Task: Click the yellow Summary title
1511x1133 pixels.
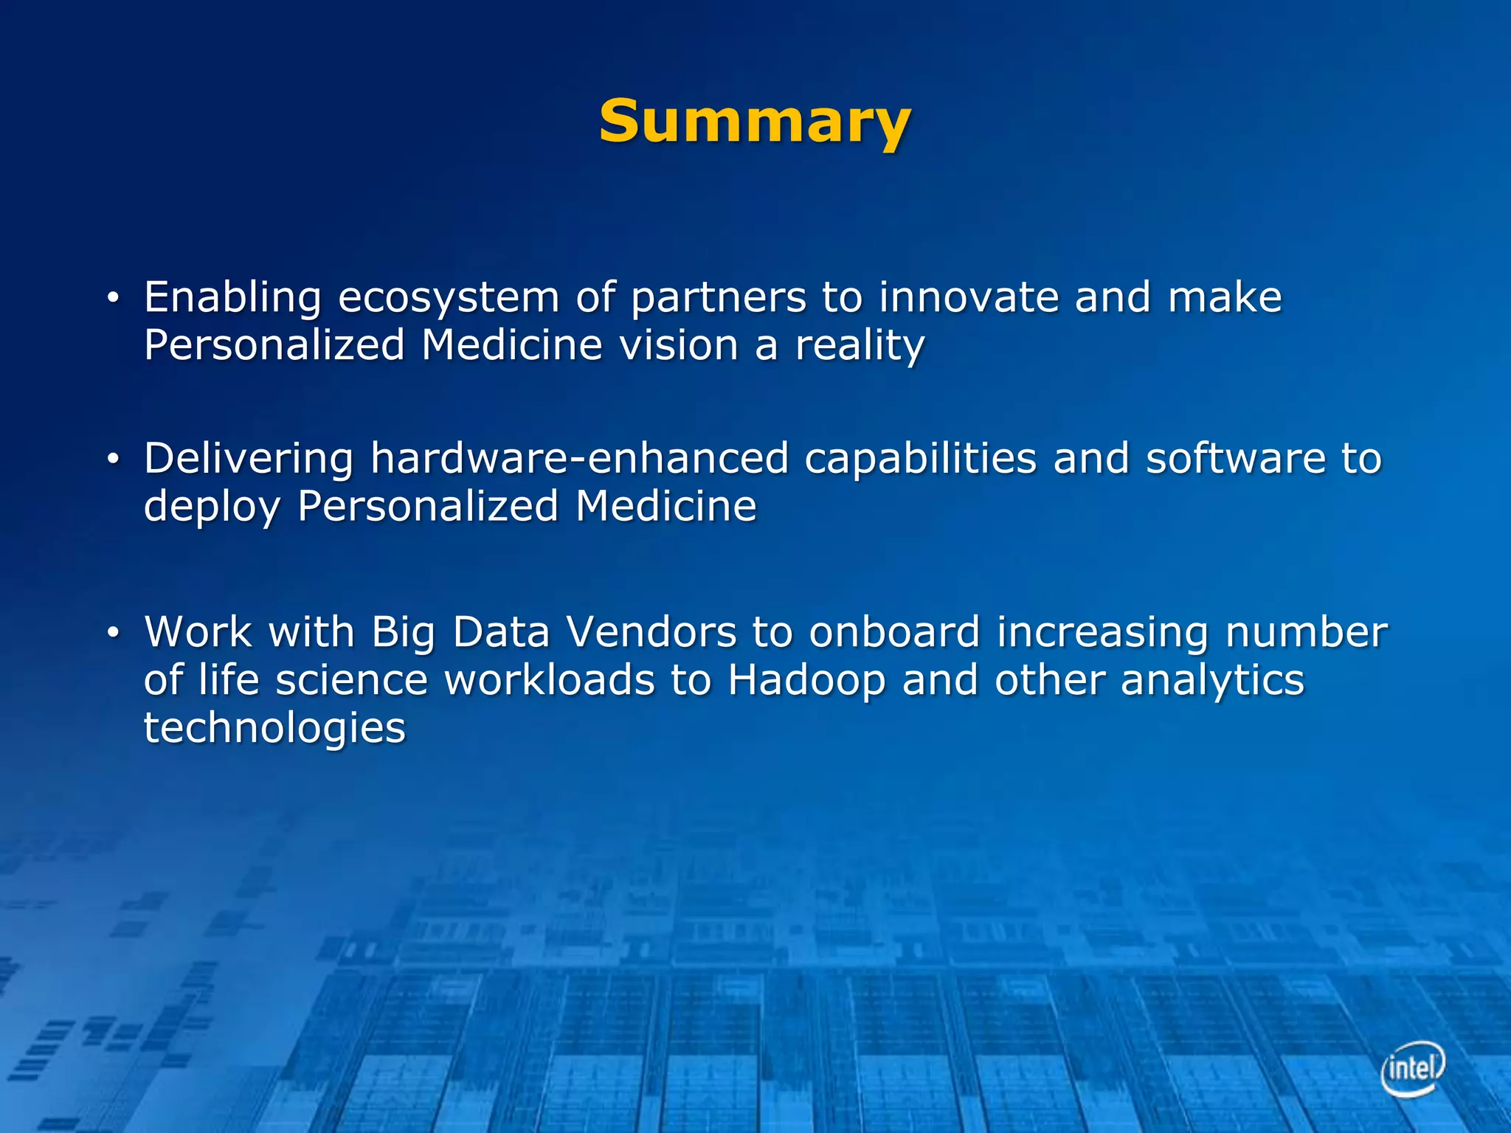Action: click(755, 122)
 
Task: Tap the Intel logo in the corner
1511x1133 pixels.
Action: click(1412, 1067)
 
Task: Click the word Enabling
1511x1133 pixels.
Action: click(232, 298)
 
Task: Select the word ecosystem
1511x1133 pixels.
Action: click(449, 298)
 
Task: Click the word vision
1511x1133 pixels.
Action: click(679, 345)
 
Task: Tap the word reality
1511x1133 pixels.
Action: click(860, 345)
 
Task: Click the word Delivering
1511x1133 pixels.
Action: click(249, 459)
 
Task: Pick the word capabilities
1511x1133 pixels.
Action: click(921, 459)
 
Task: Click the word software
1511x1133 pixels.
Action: click(1236, 458)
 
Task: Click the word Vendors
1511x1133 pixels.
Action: click(651, 632)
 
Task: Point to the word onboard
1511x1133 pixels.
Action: click(894, 632)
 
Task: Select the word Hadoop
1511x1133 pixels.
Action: click(806, 680)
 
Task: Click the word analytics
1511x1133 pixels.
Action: click(1212, 680)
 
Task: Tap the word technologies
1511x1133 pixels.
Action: click(274, 729)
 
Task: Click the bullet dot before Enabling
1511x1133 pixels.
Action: click(112, 298)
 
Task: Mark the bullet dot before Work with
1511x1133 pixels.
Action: click(112, 633)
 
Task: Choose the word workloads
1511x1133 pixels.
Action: click(549, 680)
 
